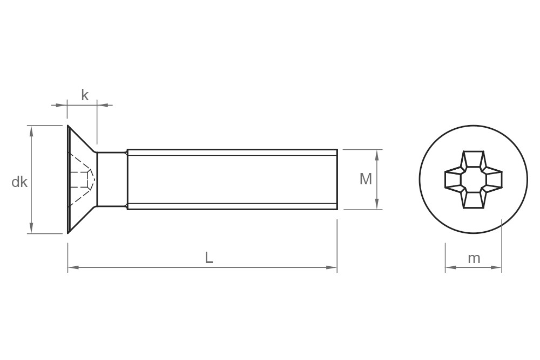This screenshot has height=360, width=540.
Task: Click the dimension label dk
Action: point(19,182)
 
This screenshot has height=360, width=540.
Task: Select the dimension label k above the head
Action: point(85,95)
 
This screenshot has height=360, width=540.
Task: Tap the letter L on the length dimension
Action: point(209,258)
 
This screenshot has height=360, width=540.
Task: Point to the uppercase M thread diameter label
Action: point(366,179)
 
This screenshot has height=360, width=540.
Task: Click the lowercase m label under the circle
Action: point(474,258)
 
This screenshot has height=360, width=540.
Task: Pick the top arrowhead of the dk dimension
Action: point(31,130)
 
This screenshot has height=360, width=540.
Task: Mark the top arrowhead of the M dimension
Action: point(377,154)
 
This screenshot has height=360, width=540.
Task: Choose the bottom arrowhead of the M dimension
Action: point(377,204)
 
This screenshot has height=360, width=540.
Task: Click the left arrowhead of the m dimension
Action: point(450,267)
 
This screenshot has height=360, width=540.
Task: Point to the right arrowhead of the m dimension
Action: point(497,267)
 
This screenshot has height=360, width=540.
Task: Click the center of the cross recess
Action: point(474,179)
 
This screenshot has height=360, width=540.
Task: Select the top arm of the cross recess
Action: point(474,160)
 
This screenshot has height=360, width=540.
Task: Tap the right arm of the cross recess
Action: point(493,179)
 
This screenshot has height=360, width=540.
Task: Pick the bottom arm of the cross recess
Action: point(474,199)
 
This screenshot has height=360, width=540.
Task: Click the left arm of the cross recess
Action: point(454,179)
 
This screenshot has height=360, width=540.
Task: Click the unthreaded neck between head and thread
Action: point(112,179)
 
